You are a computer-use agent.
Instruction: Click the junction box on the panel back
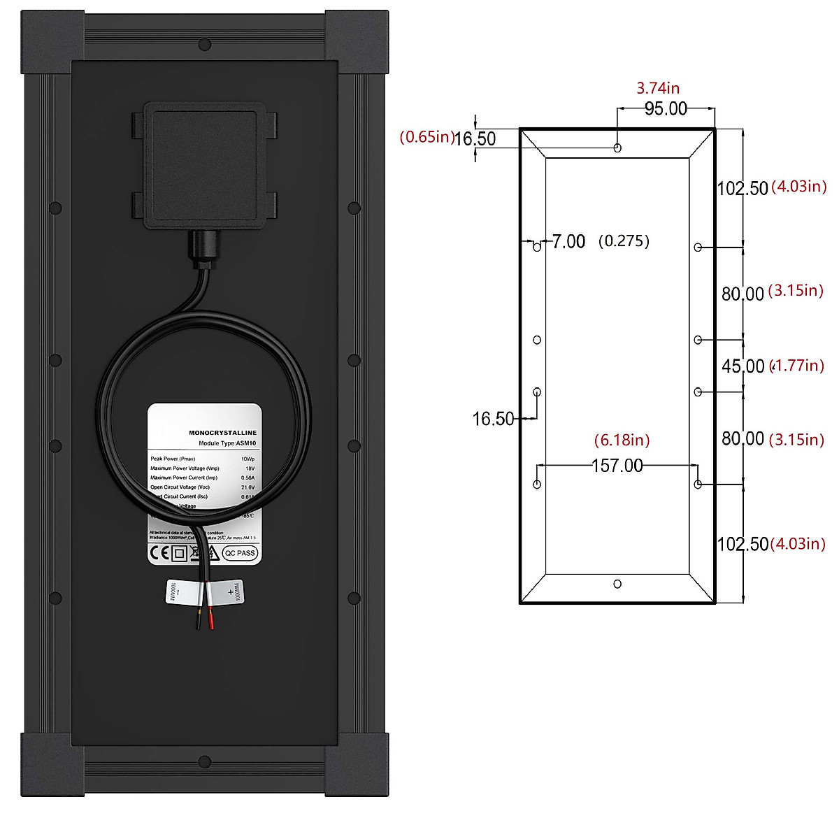[x=203, y=166]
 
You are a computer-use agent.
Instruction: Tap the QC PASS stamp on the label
[x=241, y=553]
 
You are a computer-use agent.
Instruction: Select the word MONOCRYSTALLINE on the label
[x=222, y=433]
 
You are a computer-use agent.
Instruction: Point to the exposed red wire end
[x=211, y=620]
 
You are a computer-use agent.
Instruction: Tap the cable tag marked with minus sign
[x=180, y=593]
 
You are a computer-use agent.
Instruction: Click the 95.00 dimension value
[x=666, y=109]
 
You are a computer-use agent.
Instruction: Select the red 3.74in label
[x=657, y=88]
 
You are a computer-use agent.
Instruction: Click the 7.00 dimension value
[x=568, y=242]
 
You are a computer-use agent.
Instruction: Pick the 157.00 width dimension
[x=617, y=466]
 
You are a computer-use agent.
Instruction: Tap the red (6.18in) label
[x=622, y=440]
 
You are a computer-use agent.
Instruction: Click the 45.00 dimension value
[x=743, y=366]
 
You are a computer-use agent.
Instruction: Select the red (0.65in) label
[x=426, y=137]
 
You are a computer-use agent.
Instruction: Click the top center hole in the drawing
[x=617, y=148]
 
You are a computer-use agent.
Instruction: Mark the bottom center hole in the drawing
[x=617, y=584]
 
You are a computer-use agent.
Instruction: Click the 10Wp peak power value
[x=248, y=459]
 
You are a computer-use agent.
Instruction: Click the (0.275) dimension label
[x=624, y=241]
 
